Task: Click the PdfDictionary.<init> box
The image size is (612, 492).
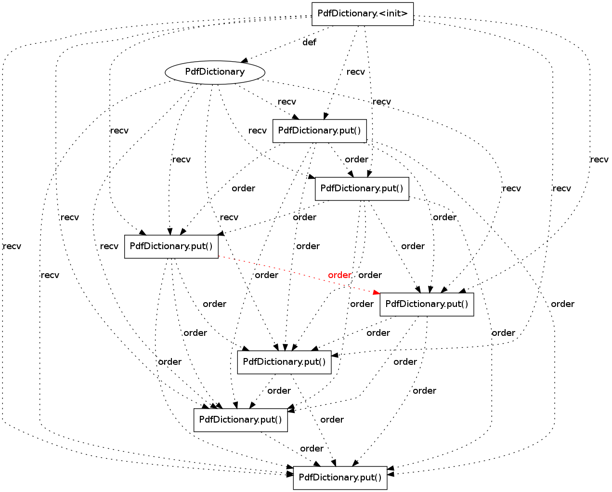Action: (x=362, y=14)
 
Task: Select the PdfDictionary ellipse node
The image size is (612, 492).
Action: (x=215, y=72)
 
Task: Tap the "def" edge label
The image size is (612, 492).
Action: (x=309, y=42)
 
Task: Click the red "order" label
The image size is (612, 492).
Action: (x=339, y=275)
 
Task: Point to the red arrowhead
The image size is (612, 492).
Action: (x=377, y=292)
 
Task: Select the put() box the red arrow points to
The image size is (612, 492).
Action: (x=427, y=304)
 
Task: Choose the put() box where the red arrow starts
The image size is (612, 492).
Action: (x=171, y=247)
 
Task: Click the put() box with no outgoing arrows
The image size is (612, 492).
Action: (x=340, y=478)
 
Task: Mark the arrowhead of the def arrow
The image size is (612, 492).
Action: (x=245, y=60)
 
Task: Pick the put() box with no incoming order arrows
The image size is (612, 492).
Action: (x=319, y=131)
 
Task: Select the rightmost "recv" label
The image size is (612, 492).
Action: (x=599, y=160)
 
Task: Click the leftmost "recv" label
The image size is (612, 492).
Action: (x=12, y=246)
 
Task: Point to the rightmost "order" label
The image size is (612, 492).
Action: (x=562, y=304)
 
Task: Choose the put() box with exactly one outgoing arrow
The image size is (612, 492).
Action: (x=240, y=420)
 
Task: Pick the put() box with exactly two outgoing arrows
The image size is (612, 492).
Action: (x=284, y=362)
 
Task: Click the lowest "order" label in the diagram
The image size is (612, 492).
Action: (x=312, y=449)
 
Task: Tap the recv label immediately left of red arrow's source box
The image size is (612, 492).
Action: (x=109, y=246)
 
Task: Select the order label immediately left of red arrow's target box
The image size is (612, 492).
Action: (x=362, y=304)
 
